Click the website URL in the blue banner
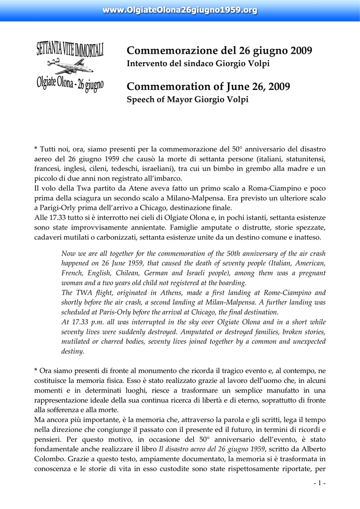(x=180, y=10)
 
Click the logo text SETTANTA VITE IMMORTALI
(x=70, y=50)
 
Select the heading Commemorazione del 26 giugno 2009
(x=219, y=51)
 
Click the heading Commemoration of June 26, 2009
(x=208, y=87)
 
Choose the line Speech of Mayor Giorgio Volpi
(x=187, y=99)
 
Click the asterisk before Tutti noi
(x=36, y=149)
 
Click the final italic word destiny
(x=72, y=351)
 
